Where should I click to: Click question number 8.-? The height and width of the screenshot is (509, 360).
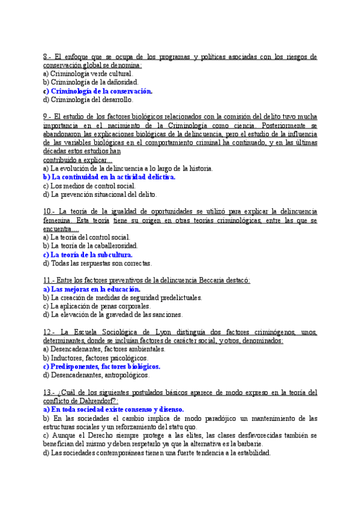click(x=47, y=56)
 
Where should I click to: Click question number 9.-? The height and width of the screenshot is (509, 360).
click(x=47, y=116)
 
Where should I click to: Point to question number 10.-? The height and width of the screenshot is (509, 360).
click(x=49, y=211)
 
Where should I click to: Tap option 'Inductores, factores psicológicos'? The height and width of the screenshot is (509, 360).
click(x=98, y=358)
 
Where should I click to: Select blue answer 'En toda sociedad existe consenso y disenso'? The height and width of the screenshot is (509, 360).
click(x=117, y=409)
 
